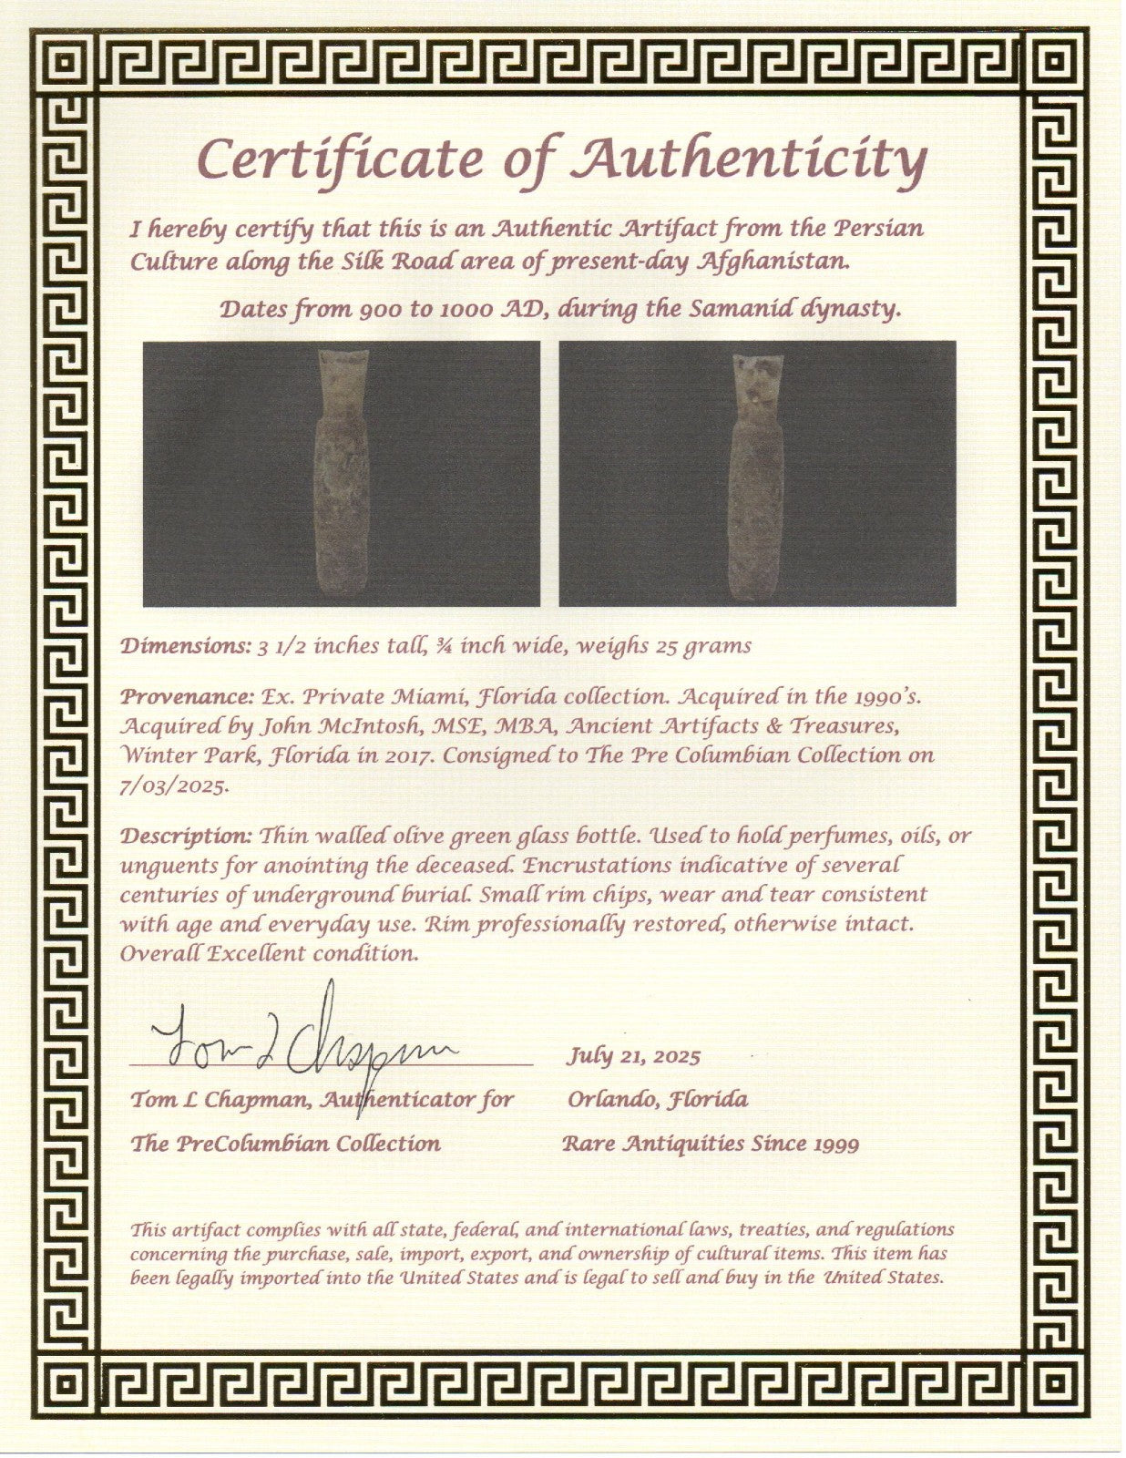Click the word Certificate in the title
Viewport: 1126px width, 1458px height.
point(341,159)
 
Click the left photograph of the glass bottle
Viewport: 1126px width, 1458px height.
point(342,473)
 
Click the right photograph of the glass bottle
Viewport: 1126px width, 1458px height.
point(757,473)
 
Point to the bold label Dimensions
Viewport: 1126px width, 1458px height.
point(182,646)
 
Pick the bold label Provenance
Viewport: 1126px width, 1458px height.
point(187,697)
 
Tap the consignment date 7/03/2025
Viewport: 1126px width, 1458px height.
point(172,786)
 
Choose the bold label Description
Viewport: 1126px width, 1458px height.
point(187,837)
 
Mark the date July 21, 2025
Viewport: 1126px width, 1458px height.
point(633,1056)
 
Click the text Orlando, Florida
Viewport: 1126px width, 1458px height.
point(657,1099)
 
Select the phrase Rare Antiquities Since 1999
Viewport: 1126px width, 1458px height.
point(710,1144)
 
